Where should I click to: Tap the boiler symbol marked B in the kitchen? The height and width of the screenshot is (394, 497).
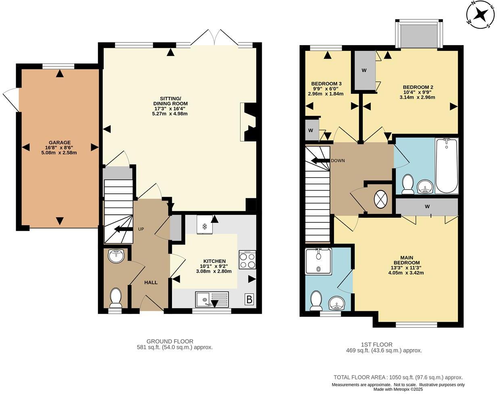click(249, 300)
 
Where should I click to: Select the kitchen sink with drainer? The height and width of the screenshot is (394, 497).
click(212, 300)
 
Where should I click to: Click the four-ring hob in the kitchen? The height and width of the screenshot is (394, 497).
click(247, 260)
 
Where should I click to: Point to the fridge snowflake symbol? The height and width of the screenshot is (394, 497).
click(205, 226)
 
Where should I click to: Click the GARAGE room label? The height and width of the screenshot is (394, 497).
click(59, 143)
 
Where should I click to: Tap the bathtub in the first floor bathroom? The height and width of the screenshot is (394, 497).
click(447, 166)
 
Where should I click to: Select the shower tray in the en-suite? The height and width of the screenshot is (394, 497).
click(318, 262)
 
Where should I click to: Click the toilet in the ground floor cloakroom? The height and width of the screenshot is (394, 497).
click(116, 298)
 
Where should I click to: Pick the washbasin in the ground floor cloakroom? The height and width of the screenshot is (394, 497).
click(117, 256)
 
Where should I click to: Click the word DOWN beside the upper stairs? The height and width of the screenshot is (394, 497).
click(338, 161)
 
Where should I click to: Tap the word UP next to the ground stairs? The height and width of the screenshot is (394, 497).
click(141, 229)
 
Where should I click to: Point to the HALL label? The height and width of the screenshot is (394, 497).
click(151, 283)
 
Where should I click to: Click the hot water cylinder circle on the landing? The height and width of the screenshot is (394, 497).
click(381, 199)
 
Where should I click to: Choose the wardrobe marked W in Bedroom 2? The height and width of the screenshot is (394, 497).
click(364, 71)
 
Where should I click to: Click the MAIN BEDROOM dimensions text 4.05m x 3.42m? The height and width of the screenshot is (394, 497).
click(406, 272)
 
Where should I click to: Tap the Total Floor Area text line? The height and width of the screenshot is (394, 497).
click(398, 377)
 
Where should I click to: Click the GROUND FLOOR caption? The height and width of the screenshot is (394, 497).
click(170, 341)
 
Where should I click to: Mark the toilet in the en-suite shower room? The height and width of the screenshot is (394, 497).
click(316, 301)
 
